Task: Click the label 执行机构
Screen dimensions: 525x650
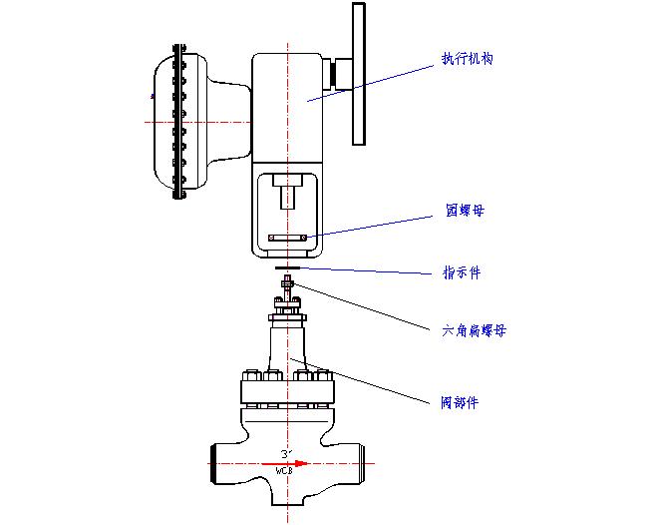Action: click(467, 59)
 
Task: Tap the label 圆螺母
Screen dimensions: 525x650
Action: click(465, 212)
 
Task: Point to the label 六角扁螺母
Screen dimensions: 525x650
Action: click(474, 330)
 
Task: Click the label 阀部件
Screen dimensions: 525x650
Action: click(460, 403)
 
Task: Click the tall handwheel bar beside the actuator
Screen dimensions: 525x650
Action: click(359, 75)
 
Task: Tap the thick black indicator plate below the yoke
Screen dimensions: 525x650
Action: click(289, 267)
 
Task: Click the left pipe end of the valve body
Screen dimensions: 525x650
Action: click(213, 464)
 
